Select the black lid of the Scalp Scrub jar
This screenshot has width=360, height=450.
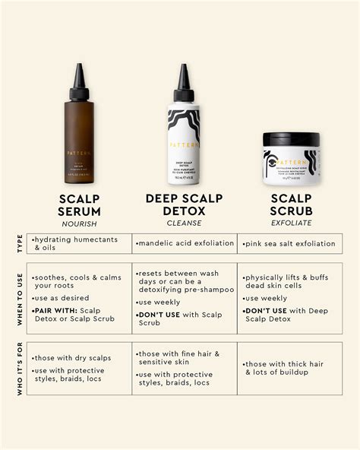(290, 140)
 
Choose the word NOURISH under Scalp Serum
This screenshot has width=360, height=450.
(80, 225)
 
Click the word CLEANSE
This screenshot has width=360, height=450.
(184, 225)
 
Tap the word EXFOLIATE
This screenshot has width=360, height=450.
(290, 225)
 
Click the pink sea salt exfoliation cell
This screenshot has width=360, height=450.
(289, 244)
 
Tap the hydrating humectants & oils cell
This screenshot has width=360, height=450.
(76, 243)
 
